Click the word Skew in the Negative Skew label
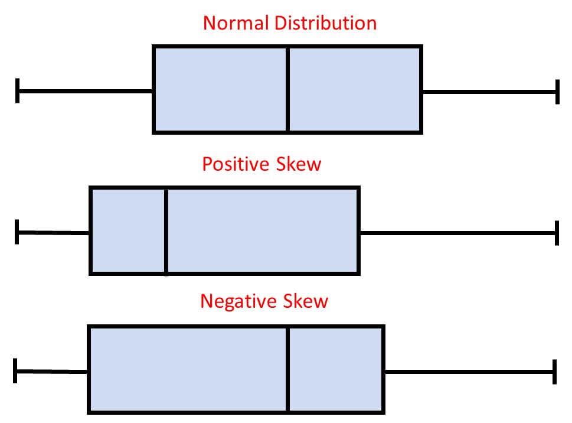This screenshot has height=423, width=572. [x=305, y=301]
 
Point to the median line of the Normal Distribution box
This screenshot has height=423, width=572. [x=287, y=89]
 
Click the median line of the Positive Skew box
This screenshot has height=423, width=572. [x=166, y=230]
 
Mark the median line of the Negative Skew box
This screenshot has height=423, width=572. [x=288, y=369]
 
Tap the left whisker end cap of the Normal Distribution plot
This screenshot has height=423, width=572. [x=18, y=90]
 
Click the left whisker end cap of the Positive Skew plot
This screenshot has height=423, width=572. [x=17, y=232]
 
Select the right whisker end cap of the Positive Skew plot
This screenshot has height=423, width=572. [x=557, y=233]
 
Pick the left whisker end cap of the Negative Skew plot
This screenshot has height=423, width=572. [x=15, y=370]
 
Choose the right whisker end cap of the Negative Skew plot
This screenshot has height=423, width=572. [x=554, y=372]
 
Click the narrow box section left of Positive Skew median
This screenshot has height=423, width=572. [x=128, y=230]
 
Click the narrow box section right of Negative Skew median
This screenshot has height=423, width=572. [x=335, y=369]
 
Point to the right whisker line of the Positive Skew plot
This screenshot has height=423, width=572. [x=457, y=233]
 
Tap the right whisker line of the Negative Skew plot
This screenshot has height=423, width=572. [x=469, y=372]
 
